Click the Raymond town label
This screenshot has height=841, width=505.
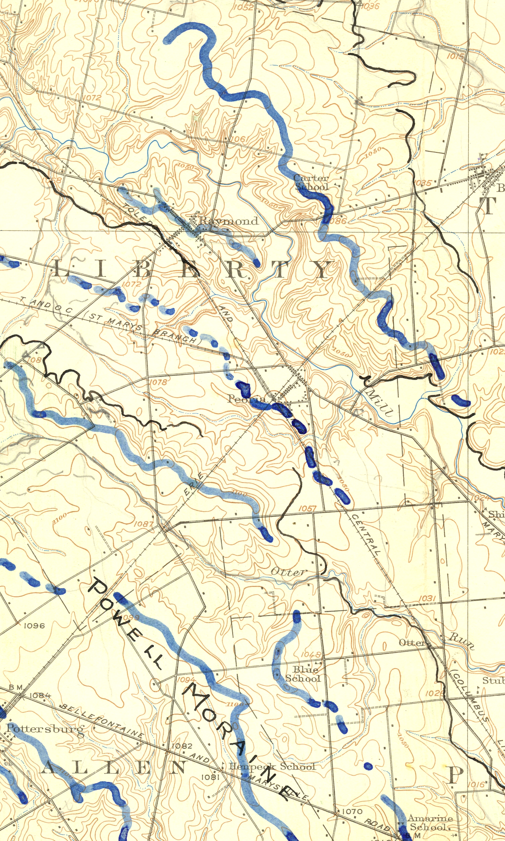[x=228, y=221]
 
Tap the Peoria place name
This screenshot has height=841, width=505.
[x=246, y=399]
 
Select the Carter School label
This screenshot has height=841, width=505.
[x=312, y=182]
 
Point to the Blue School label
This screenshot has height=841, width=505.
[x=303, y=674]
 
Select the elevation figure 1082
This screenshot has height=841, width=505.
[x=182, y=746]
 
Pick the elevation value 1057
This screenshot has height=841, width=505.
[x=307, y=509]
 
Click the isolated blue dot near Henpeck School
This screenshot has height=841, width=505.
[x=368, y=766]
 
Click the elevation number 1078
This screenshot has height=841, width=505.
[x=158, y=382]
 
